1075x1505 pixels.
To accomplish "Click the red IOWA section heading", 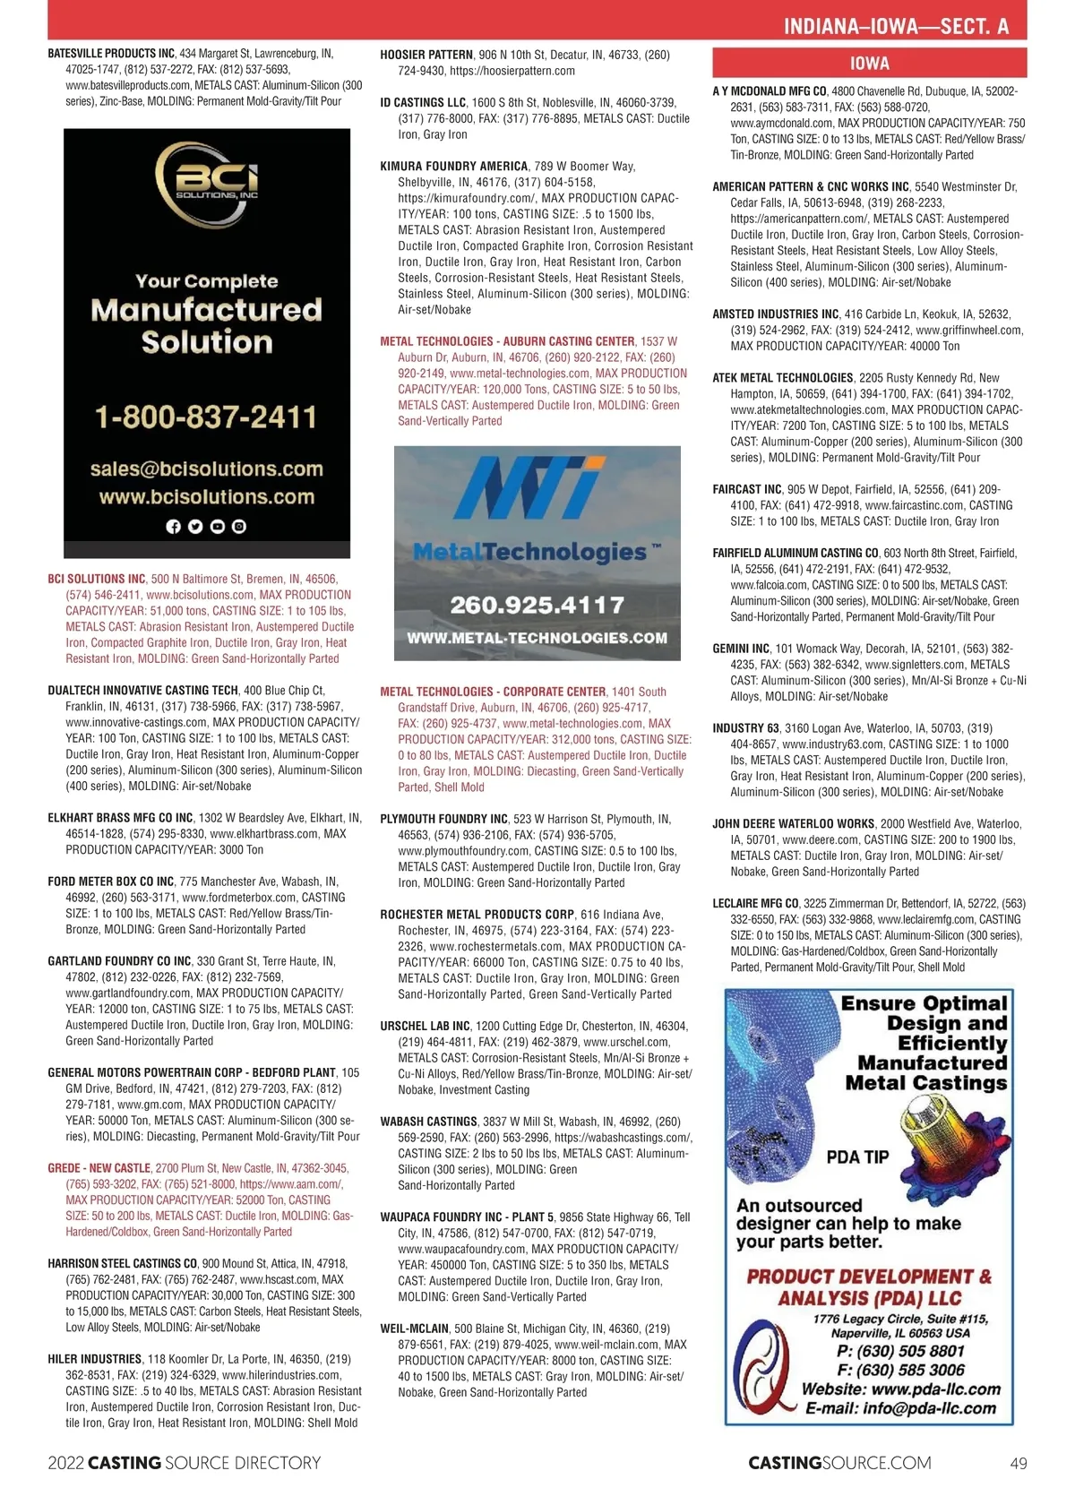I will click(869, 63).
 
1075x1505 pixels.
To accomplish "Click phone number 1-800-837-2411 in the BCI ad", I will click(206, 417).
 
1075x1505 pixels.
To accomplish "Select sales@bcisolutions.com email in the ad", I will click(206, 469).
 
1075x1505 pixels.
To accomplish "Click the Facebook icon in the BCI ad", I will click(174, 527).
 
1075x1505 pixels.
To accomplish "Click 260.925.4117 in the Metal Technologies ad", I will click(537, 605).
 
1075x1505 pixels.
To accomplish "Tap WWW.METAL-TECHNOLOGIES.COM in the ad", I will click(537, 638).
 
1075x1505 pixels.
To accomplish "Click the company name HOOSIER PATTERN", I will click(426, 55).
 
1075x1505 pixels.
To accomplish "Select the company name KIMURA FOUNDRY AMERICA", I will click(453, 166).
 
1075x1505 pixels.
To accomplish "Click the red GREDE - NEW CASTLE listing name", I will click(99, 1168).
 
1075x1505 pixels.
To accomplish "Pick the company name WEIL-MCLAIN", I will click(414, 1329).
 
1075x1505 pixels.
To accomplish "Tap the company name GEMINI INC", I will click(741, 649).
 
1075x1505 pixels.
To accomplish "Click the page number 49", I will click(1018, 1464).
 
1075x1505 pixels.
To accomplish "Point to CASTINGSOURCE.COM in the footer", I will click(839, 1464).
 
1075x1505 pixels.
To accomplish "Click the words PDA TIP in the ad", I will click(857, 1157).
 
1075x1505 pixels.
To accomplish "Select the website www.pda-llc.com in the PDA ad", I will click(935, 1389).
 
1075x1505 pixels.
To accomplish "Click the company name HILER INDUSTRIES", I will click(94, 1359).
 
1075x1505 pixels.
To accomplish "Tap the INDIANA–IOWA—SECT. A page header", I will click(896, 27).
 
